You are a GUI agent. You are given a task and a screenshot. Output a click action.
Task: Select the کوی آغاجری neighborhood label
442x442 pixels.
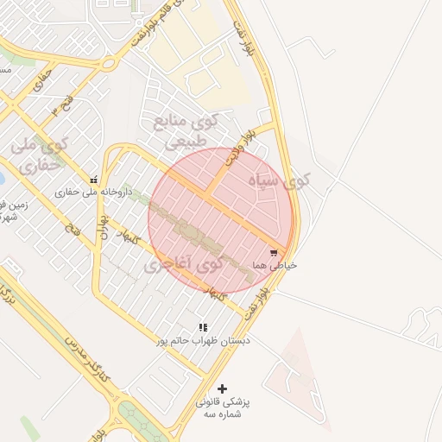[183, 264]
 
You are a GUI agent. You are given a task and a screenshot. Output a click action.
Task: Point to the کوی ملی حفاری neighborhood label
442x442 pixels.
[37, 154]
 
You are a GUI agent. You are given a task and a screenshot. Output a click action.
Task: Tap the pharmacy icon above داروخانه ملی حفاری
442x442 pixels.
[93, 180]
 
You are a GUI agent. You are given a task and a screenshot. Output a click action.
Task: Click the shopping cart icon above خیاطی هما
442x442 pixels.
[274, 253]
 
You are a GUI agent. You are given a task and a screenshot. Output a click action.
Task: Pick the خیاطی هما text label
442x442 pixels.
[275, 265]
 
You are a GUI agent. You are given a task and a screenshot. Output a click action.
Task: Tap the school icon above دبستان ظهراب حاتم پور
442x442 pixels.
[203, 328]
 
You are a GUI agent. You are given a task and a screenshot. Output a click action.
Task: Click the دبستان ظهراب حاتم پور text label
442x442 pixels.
[202, 341]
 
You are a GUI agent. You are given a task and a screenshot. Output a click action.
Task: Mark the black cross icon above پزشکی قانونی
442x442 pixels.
[222, 389]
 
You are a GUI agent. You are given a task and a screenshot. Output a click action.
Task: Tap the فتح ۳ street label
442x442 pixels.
[61, 106]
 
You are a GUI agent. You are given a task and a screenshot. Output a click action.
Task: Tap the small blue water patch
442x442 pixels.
[2, 180]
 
